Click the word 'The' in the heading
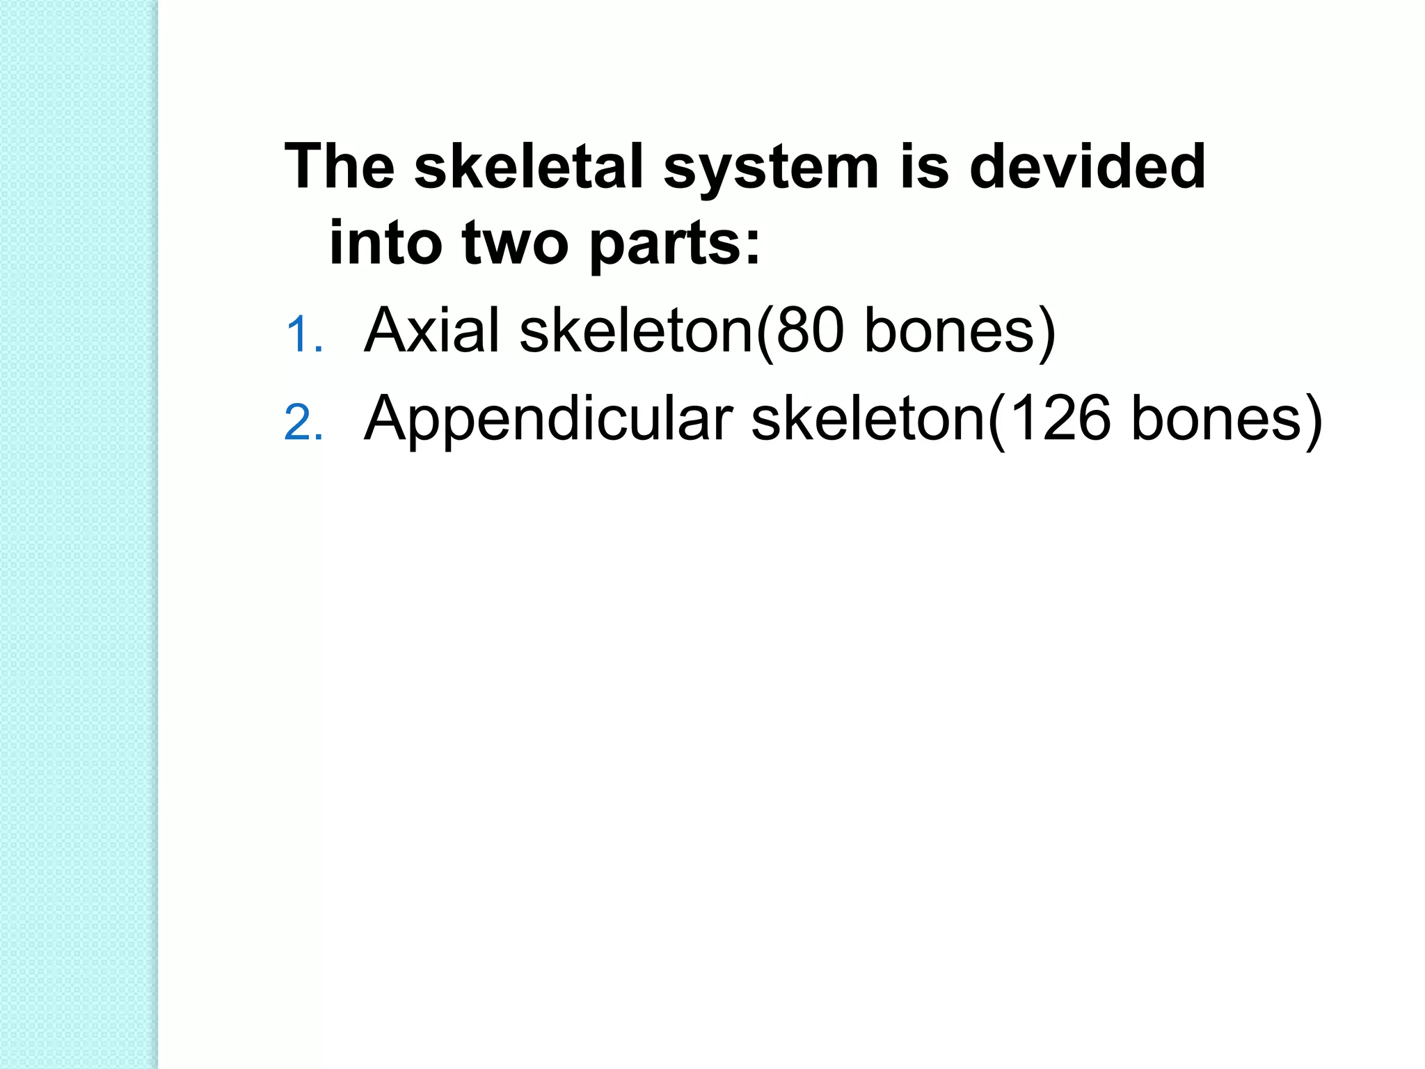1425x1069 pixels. (x=340, y=166)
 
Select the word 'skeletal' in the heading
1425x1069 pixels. (x=529, y=166)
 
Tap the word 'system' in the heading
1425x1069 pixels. (x=771, y=168)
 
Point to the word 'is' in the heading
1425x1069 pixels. (x=924, y=166)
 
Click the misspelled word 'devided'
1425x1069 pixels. (x=1088, y=166)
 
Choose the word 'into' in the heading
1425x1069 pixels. (x=385, y=241)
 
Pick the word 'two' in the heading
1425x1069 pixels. (x=515, y=243)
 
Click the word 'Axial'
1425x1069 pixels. (x=431, y=330)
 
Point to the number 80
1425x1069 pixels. (x=810, y=330)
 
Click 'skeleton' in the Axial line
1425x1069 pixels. (x=637, y=330)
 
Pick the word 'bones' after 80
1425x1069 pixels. (x=949, y=330)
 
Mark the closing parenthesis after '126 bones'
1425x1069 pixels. (x=1314, y=420)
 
